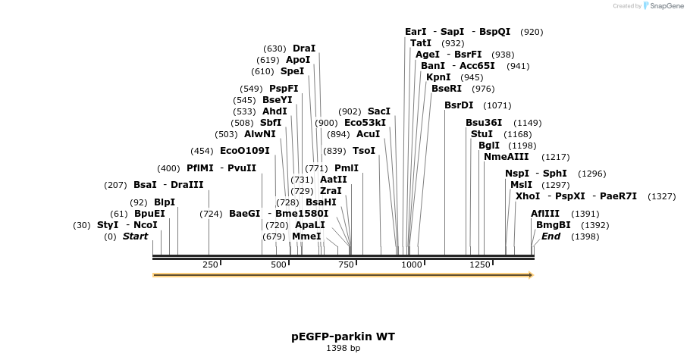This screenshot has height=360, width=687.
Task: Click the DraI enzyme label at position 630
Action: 303,49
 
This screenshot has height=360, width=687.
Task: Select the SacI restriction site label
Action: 378,111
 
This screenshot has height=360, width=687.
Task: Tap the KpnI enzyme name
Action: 438,77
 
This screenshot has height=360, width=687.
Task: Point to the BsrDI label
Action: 459,105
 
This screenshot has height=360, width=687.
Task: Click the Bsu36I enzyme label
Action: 484,123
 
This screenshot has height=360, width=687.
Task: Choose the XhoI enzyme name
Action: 528,196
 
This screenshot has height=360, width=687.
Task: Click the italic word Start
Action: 135,236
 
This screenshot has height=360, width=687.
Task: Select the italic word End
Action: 551,236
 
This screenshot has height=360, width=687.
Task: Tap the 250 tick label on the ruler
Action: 210,265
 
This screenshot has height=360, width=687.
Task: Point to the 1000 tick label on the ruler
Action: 412,265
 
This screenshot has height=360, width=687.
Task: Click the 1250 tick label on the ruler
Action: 480,265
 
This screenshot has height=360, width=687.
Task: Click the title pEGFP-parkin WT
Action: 343,336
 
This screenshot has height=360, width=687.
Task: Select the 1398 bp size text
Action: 343,349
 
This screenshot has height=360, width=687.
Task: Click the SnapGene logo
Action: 664,6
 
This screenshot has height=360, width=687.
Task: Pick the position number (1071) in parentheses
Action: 497,105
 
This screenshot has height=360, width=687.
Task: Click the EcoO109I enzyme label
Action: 244,151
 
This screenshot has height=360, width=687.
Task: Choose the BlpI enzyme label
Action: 164,202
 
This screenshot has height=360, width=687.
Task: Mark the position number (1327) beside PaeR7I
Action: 661,196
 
